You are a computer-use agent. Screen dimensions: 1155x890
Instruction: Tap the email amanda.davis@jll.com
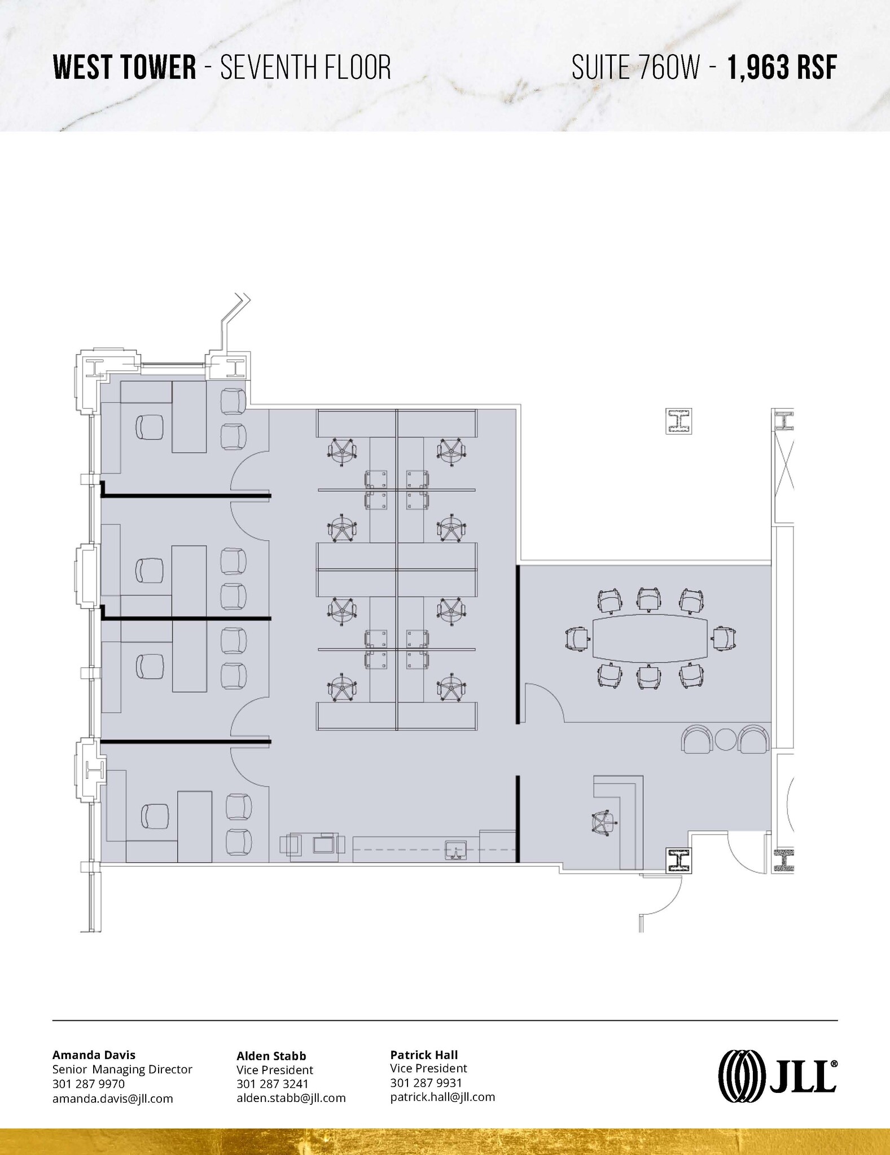[x=112, y=1098]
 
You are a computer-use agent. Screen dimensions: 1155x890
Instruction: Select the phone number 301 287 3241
[x=272, y=1083]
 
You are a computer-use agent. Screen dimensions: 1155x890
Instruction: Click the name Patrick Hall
[x=424, y=1054]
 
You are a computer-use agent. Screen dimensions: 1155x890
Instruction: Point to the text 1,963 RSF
[x=781, y=68]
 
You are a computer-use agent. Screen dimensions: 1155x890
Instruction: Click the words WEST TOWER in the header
[x=124, y=68]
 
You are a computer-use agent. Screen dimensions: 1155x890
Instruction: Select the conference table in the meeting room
[x=650, y=638]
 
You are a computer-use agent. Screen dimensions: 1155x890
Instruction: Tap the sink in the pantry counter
[x=455, y=849]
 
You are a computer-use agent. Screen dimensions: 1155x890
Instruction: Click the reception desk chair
[x=602, y=823]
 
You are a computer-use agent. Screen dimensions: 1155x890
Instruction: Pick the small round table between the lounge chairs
[x=725, y=739]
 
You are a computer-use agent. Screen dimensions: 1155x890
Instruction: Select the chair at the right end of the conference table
[x=724, y=638]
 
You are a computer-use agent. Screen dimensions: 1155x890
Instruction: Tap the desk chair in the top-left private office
[x=150, y=427]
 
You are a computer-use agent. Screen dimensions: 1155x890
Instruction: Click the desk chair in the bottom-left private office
[x=154, y=816]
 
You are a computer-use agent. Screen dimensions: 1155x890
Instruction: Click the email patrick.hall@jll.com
[x=442, y=1097]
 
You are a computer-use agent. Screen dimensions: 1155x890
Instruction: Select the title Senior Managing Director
[x=122, y=1069]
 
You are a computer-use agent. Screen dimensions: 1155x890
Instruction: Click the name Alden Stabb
[x=271, y=1056]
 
